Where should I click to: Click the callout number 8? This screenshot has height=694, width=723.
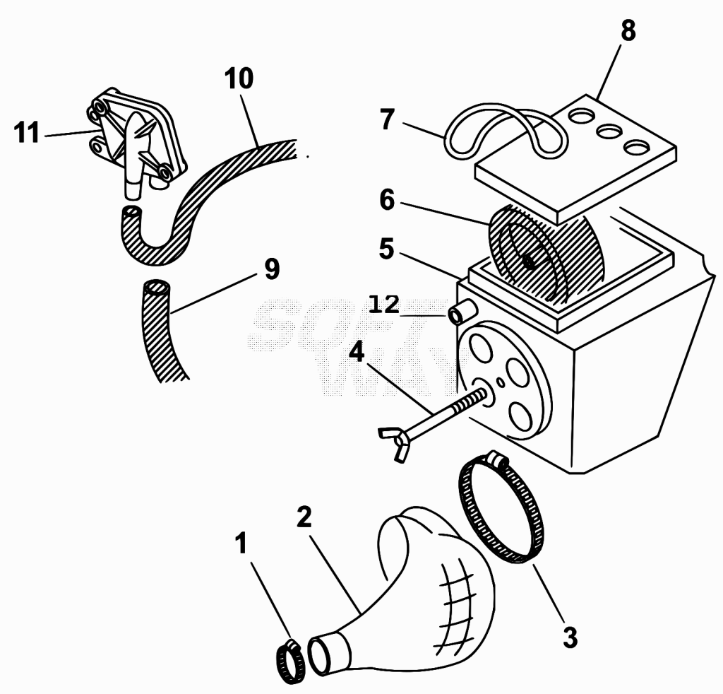click(x=628, y=31)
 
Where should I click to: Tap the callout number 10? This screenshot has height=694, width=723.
click(x=239, y=78)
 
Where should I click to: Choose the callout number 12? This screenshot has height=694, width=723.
click(x=384, y=305)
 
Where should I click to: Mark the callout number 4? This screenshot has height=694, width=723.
click(x=357, y=352)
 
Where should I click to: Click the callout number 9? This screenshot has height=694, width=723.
click(x=272, y=269)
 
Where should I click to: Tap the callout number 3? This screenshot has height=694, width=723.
click(x=570, y=637)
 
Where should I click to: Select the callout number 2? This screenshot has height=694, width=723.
click(x=304, y=517)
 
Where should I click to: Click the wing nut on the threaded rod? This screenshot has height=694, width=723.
click(x=394, y=442)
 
